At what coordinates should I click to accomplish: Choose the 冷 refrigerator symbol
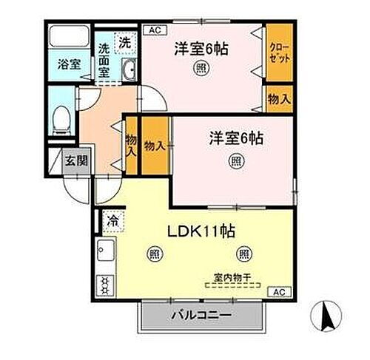(112, 219)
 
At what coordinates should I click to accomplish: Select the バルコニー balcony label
(202, 313)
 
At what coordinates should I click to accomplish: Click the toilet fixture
(62, 117)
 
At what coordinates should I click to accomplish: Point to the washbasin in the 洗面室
(127, 70)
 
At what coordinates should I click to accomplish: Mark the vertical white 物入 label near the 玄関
(130, 144)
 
